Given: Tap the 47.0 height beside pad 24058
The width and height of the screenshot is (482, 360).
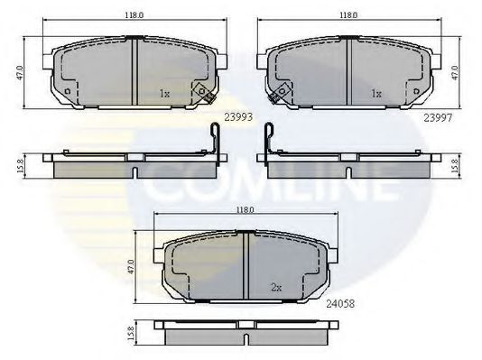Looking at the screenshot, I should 133,267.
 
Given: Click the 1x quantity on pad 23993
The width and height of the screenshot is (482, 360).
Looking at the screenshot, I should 163,93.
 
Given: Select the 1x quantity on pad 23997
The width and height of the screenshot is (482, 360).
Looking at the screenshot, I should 375,93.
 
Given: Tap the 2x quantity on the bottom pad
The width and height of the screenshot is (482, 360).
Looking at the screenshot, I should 275,289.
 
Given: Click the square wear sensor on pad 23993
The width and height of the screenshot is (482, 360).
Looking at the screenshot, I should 204,93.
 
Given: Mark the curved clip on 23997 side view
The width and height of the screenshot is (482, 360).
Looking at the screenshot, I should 270,142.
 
